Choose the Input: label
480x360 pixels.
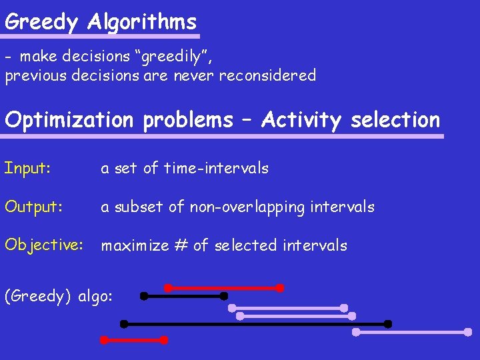point(27,168)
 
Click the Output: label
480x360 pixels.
point(34,207)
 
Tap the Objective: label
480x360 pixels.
point(44,245)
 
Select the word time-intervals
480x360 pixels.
point(216,168)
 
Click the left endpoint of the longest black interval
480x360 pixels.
point(123,324)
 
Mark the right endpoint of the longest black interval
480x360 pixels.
point(388,324)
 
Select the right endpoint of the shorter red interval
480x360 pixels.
point(164,340)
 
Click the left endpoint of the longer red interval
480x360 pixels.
point(168,288)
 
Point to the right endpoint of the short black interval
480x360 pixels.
point(224,295)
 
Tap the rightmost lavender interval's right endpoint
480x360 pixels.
point(468,331)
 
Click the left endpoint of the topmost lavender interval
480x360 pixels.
point(232,308)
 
